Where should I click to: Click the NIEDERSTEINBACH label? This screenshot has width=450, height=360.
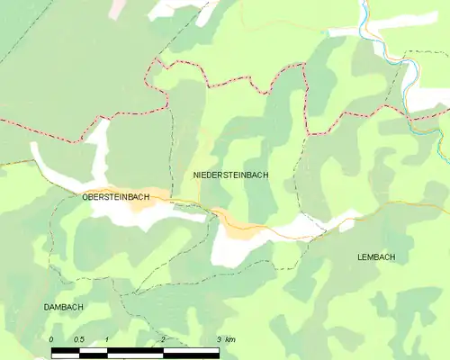click(230, 175)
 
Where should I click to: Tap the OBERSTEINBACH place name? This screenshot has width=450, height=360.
click(115, 196)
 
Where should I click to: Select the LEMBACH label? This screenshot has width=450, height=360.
click(375, 257)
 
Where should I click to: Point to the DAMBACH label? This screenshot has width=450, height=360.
click(64, 308)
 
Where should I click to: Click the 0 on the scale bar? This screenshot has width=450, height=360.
click(52, 338)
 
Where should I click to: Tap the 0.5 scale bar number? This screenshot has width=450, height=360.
click(79, 338)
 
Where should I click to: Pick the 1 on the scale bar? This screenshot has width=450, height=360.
click(107, 338)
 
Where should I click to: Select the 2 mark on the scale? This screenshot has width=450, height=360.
click(163, 338)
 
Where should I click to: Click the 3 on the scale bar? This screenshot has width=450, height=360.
click(219, 338)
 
